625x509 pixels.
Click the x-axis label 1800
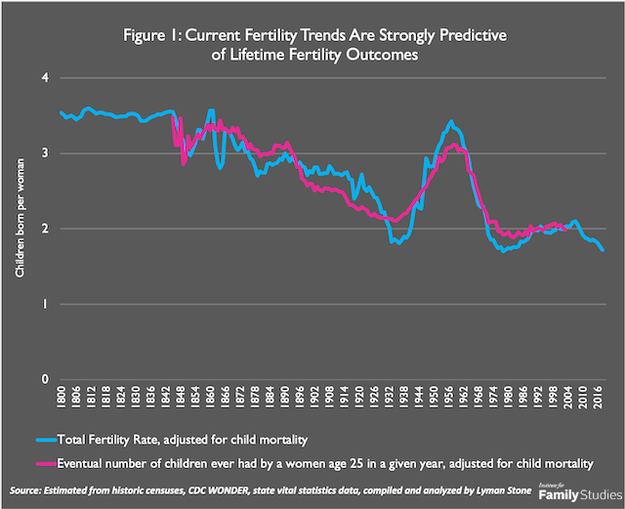pos(62,401)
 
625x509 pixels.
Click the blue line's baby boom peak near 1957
pos(450,121)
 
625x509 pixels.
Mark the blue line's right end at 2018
pos(604,251)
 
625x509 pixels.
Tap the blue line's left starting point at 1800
pos(61,112)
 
